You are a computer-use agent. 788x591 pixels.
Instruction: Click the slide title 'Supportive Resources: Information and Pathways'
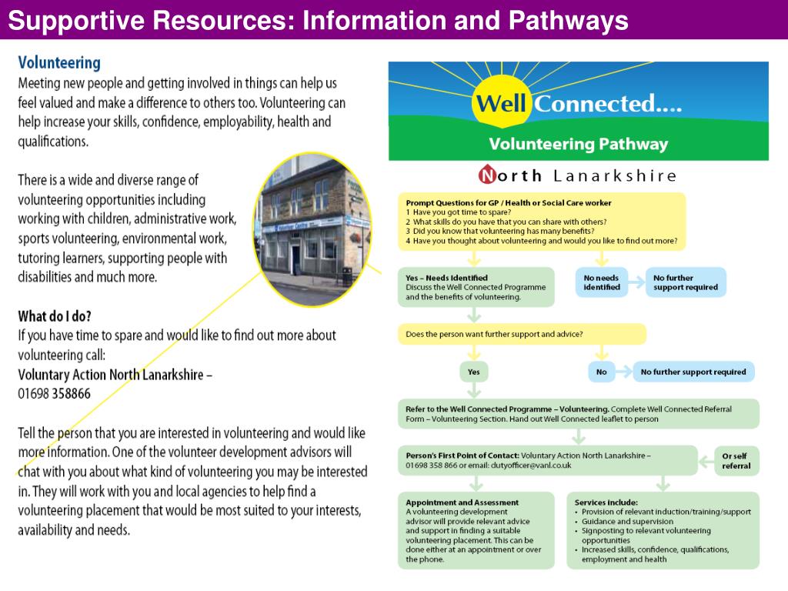coord(318,21)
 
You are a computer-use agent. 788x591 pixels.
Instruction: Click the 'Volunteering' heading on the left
coord(59,62)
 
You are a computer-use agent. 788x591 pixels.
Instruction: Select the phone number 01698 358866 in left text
coord(54,394)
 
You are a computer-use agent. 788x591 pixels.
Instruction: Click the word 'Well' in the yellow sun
coord(500,104)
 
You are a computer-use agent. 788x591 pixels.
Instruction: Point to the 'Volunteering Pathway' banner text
coord(578,144)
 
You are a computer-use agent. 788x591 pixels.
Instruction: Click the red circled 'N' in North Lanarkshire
coord(487,176)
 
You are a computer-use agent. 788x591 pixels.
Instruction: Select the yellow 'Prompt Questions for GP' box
coord(541,222)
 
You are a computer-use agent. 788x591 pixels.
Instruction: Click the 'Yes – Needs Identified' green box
coord(476,287)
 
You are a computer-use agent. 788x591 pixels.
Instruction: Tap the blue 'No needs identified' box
coord(602,282)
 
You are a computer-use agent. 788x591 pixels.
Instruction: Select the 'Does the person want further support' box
coord(522,334)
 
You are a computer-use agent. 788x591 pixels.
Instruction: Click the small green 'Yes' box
coord(474,372)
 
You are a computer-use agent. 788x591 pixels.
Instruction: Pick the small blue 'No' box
coord(602,372)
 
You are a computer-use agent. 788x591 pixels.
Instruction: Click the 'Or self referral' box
coord(736,460)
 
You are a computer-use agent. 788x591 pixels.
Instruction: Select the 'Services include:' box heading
coord(606,503)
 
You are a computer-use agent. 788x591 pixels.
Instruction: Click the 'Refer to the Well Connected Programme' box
coord(577,414)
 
